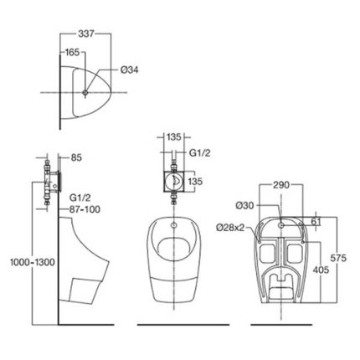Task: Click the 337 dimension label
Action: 86,33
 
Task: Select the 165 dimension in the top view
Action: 72,52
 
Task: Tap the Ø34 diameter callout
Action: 129,69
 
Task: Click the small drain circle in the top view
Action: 85,92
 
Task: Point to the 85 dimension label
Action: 76,157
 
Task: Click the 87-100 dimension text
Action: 85,209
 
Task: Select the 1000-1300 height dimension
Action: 33,262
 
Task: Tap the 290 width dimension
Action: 281,185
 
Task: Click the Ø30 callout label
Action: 245,206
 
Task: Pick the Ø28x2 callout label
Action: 230,228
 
